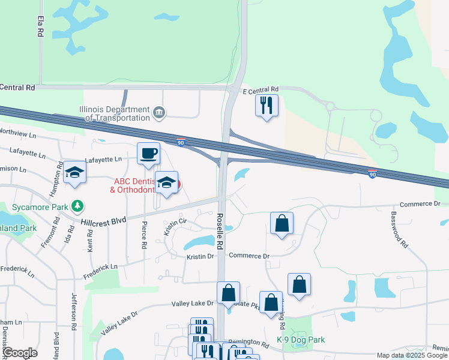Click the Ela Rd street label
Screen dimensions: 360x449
(x=40, y=26)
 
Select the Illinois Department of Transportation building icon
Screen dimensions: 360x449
(x=159, y=112)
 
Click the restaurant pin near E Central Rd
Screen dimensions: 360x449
(x=267, y=106)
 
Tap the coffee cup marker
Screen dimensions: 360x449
(x=149, y=154)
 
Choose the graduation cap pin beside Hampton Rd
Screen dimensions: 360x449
(x=74, y=173)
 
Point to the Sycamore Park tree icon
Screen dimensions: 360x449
(x=77, y=206)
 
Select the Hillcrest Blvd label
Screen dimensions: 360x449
(x=105, y=220)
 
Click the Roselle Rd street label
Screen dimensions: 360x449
(x=220, y=232)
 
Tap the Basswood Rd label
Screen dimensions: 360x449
(x=399, y=229)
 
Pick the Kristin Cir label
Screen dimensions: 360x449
(x=173, y=227)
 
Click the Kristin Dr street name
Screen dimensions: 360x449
(x=200, y=256)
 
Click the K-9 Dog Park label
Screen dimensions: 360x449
(x=301, y=340)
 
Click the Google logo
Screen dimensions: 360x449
(x=20, y=353)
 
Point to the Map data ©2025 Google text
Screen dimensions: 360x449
(x=411, y=355)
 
